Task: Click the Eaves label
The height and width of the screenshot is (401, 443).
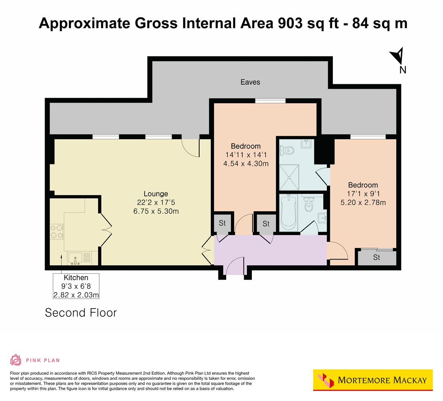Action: click(250, 82)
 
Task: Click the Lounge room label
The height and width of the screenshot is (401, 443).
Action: click(156, 194)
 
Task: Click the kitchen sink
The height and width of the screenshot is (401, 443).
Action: click(76, 257)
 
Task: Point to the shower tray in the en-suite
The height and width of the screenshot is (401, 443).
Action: click(289, 177)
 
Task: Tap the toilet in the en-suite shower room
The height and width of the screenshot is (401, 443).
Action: click(289, 150)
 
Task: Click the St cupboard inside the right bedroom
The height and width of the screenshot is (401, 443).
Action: click(376, 257)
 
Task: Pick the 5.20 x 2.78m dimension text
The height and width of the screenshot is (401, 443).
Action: click(363, 203)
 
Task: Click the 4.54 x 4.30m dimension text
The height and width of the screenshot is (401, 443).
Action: click(246, 163)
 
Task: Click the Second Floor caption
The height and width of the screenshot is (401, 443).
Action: click(81, 313)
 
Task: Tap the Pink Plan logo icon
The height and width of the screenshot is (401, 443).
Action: click(16, 360)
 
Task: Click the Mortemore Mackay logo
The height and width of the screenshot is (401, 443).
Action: click(373, 380)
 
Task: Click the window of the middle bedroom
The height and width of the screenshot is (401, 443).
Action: click(270, 101)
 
